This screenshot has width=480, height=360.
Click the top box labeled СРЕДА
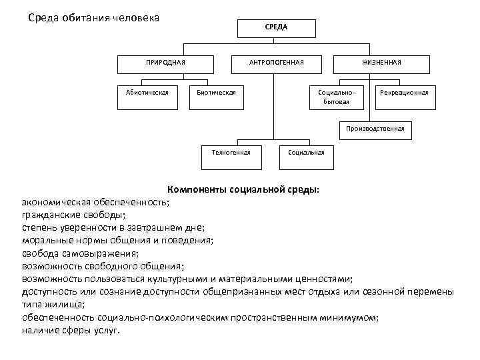[276, 27]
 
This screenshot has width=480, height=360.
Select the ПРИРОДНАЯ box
[165, 63]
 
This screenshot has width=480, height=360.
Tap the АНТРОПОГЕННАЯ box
[276, 63]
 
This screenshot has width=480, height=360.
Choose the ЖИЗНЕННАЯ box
[381, 63]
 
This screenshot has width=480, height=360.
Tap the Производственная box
[375, 129]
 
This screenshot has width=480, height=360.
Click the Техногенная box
[231, 153]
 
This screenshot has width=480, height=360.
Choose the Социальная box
[306, 153]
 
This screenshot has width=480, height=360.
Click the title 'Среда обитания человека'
[93, 17]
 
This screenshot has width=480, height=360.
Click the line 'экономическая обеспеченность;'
[95, 202]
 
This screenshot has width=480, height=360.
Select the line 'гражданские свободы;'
[73, 215]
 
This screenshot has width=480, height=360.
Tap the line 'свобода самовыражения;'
[80, 253]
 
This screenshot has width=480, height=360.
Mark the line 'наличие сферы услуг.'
[71, 330]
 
